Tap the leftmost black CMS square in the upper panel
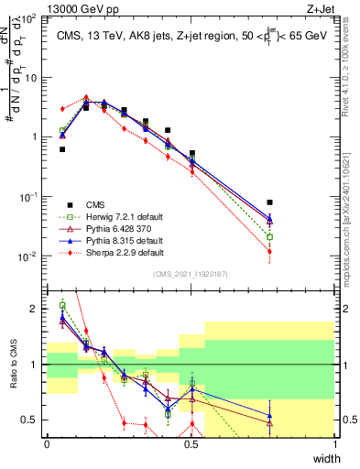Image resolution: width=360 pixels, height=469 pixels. [62, 149]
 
